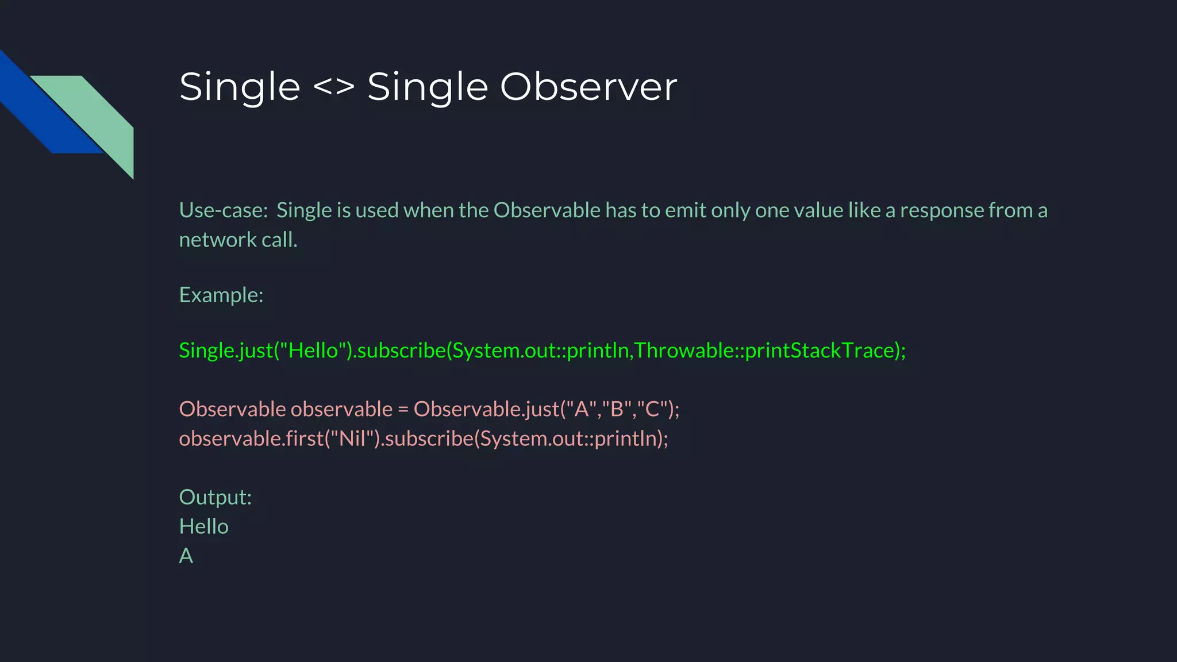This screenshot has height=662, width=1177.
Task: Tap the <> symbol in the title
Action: [333, 87]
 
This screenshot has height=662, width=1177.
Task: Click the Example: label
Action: [221, 295]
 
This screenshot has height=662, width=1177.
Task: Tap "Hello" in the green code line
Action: [313, 350]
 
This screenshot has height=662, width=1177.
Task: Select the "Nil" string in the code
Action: [352, 438]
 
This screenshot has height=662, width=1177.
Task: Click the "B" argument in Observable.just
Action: [617, 409]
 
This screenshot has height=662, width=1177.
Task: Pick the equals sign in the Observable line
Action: [403, 409]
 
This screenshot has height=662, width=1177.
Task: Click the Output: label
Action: [216, 497]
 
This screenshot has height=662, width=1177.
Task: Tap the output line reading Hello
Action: [203, 526]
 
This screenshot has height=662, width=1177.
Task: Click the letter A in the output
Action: [186, 556]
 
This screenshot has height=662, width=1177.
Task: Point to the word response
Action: [941, 210]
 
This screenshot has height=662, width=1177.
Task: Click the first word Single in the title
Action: [240, 87]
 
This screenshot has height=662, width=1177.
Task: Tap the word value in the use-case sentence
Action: [818, 210]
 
